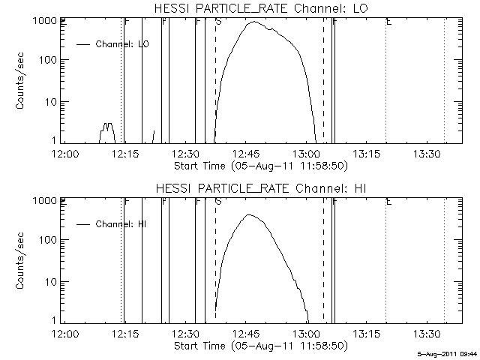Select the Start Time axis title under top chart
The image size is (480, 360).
click(x=259, y=164)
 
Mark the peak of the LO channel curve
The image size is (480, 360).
click(x=254, y=22)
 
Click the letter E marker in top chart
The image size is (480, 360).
click(x=388, y=22)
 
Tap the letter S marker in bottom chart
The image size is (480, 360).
click(x=217, y=202)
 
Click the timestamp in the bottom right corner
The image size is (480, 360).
click(x=448, y=352)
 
